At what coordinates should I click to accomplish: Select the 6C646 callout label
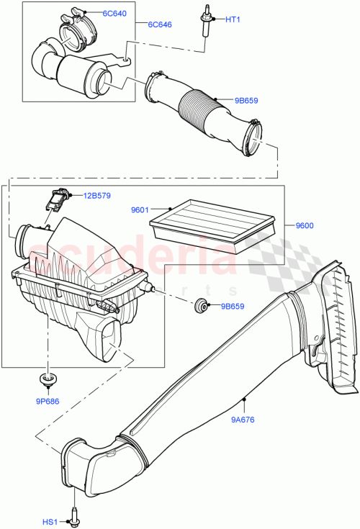click(160, 24)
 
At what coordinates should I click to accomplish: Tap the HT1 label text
click(233, 19)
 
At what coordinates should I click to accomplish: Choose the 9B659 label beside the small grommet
click(232, 307)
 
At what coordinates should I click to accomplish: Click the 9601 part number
click(139, 210)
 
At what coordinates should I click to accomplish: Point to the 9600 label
click(305, 225)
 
